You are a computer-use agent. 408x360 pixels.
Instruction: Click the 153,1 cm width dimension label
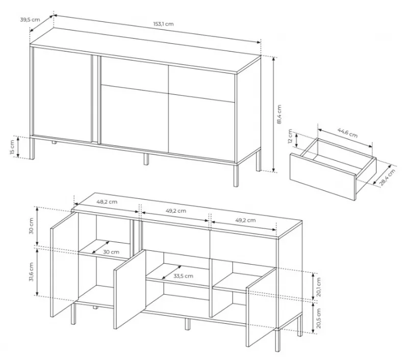click(x=163, y=24)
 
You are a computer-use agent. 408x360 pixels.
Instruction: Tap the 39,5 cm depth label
click(x=30, y=19)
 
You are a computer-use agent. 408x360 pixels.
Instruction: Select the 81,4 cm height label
click(x=279, y=114)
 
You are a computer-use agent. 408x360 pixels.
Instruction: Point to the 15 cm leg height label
click(x=12, y=147)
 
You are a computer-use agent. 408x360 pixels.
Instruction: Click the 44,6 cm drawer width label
click(x=347, y=133)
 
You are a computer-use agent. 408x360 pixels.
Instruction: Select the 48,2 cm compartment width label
click(x=107, y=201)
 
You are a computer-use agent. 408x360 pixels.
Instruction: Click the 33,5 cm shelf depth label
click(x=183, y=276)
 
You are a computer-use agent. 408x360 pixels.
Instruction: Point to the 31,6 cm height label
click(x=31, y=272)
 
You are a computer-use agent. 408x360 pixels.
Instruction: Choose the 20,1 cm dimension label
click(x=319, y=287)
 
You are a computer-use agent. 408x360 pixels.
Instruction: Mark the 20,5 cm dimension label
click(x=319, y=318)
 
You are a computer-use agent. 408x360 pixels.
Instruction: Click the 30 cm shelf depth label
click(x=111, y=252)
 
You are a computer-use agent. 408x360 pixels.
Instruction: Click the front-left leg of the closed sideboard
click(x=32, y=148)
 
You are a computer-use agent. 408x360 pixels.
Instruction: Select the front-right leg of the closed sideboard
click(x=236, y=175)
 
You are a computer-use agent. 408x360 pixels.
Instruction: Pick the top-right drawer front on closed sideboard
click(x=202, y=82)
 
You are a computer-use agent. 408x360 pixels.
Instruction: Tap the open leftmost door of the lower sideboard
click(x=64, y=264)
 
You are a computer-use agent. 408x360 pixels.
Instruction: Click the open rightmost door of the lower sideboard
click(x=261, y=307)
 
